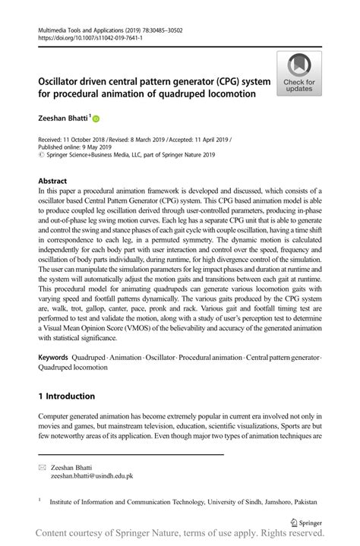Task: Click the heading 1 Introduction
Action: click(x=67, y=396)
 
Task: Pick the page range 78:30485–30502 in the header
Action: click(x=167, y=30)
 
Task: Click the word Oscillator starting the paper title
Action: click(x=64, y=80)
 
